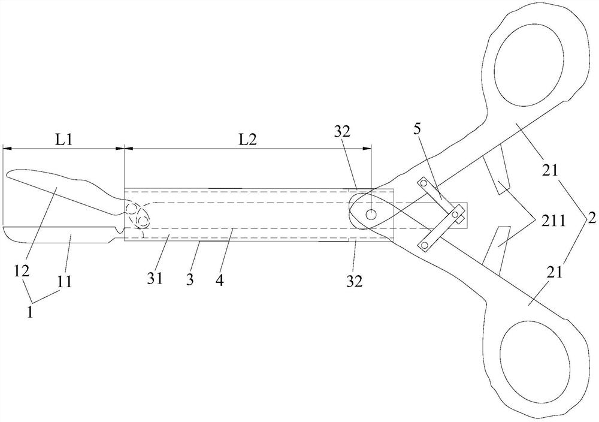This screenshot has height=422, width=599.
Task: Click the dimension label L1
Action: point(63,140)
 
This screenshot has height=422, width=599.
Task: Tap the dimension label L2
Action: point(247,140)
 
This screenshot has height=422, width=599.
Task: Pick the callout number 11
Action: point(65,282)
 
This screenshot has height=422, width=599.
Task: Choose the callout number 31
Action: point(156,278)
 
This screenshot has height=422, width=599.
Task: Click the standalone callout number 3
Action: point(190,280)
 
